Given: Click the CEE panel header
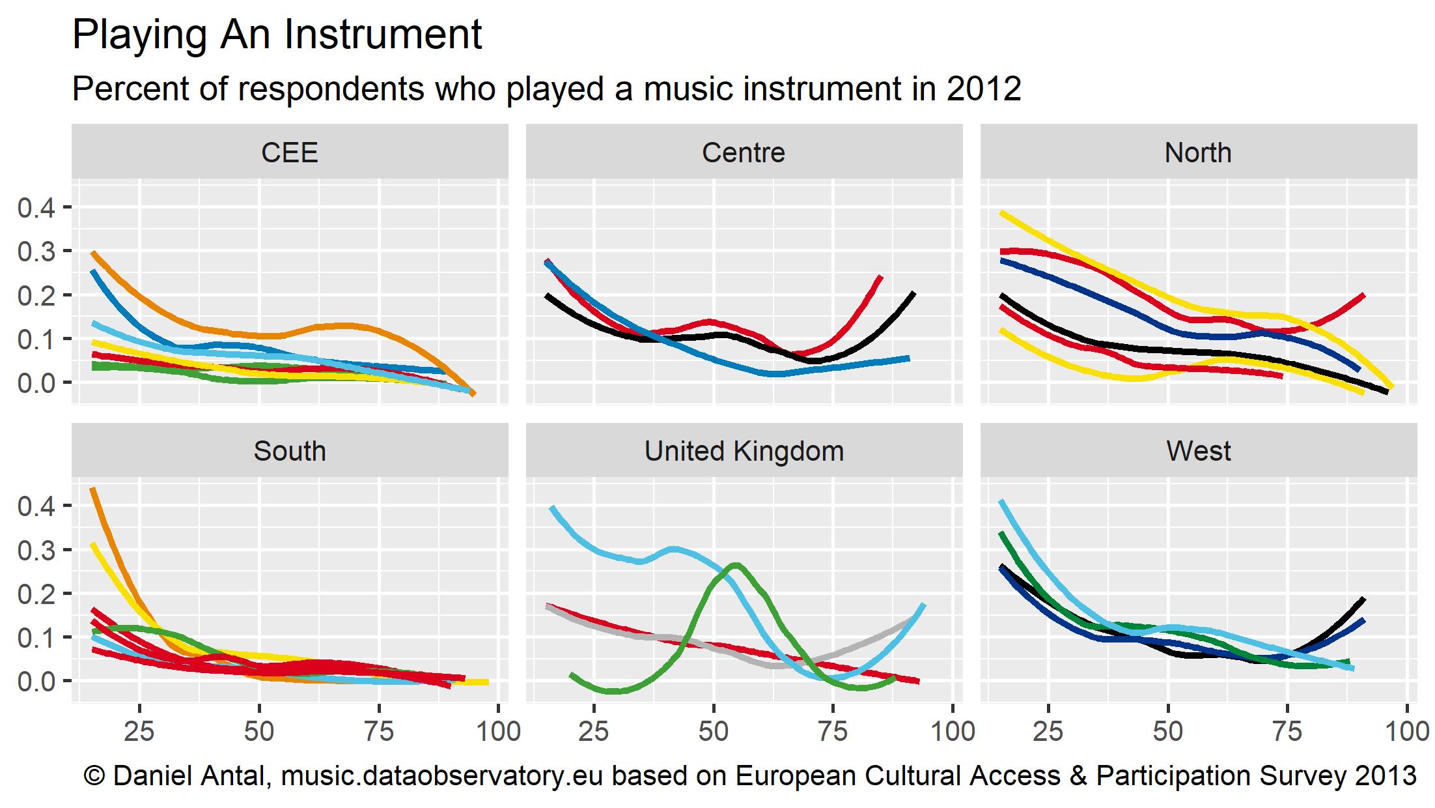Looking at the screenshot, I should [x=289, y=153].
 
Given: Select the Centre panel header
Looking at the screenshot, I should [x=744, y=153].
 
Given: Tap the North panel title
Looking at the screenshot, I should [x=1198, y=153].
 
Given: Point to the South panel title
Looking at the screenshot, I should [x=289, y=451].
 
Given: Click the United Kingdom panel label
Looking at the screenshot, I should [x=744, y=451].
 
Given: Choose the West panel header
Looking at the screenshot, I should [x=1198, y=451].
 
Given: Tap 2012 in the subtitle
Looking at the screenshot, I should [x=984, y=89].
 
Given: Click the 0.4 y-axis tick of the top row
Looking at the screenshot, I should [x=36, y=208].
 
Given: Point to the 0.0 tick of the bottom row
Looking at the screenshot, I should [x=36, y=681].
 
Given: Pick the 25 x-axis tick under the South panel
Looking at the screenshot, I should [x=139, y=732].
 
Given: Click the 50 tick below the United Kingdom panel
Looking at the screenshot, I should [x=714, y=732].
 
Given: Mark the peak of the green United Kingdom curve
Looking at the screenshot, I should [x=736, y=565].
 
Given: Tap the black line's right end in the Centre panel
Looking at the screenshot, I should [x=913, y=294].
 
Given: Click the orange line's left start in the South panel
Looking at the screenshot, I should [x=92, y=489].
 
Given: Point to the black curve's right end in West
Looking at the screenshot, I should [x=1363, y=599].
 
